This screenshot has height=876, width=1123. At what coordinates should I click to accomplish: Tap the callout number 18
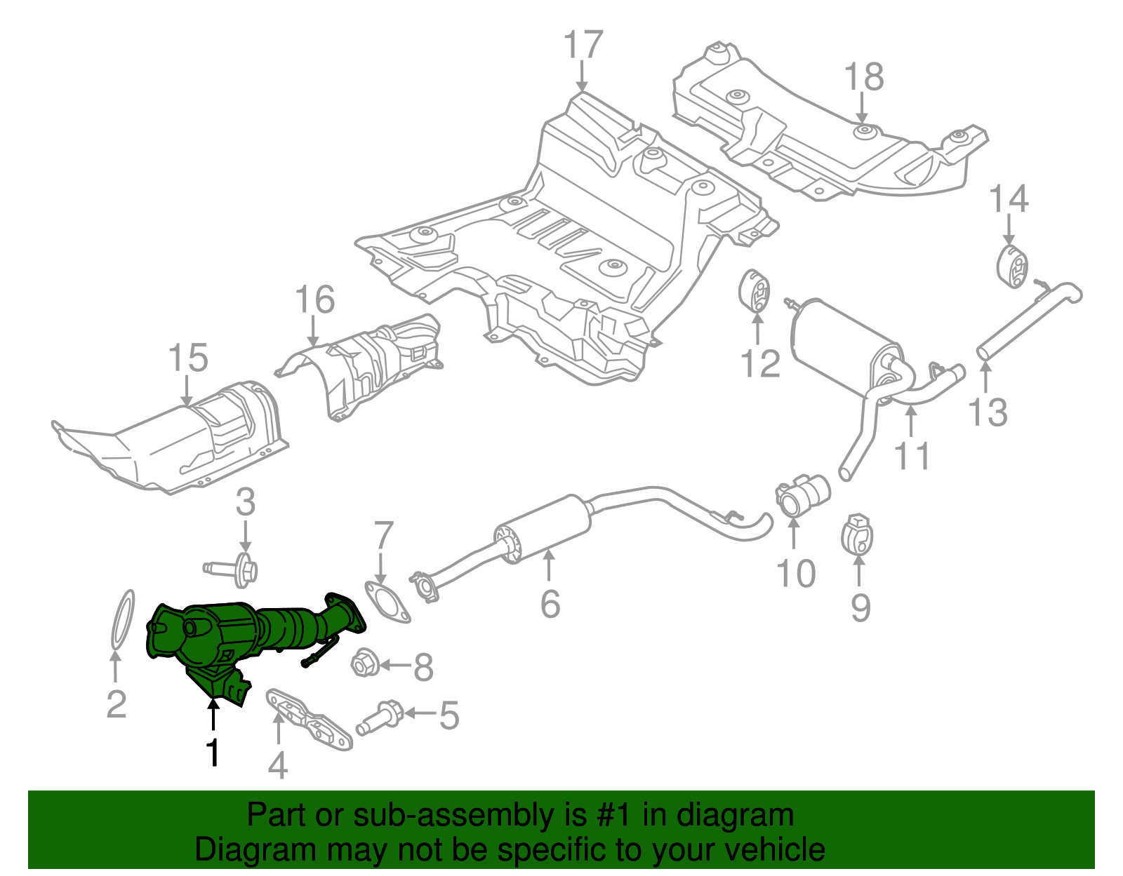(863, 77)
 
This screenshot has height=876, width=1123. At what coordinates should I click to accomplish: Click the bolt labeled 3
(235, 567)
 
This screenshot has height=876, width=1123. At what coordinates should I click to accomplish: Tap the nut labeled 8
(364, 663)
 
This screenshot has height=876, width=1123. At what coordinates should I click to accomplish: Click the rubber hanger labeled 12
(755, 292)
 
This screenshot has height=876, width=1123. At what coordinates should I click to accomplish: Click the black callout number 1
(212, 753)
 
